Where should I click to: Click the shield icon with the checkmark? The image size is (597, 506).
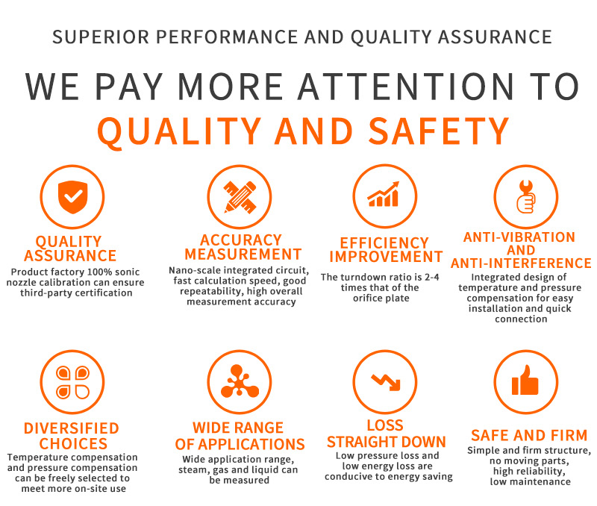tap(72, 197)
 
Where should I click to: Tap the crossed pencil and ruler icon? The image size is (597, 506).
tap(240, 197)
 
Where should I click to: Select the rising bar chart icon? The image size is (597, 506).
tap(384, 194)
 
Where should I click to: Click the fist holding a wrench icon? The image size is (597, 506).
tap(526, 196)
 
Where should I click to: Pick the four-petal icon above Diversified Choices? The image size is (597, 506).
tap(72, 382)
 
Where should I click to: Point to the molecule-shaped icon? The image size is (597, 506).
tap(240, 381)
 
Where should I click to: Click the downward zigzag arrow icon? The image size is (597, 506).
tap(386, 382)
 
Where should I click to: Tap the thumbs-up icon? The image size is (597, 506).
tap(525, 380)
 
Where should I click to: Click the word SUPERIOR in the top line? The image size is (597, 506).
tap(101, 37)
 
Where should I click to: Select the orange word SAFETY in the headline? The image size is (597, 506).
tap(439, 131)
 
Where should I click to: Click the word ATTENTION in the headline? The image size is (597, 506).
tap(406, 87)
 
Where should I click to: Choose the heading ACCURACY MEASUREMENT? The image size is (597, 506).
tap(243, 247)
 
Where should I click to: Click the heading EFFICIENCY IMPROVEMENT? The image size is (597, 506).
tap(386, 250)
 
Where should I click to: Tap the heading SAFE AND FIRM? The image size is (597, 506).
tap(529, 435)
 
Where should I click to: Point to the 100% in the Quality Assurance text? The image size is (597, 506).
tap(99, 272)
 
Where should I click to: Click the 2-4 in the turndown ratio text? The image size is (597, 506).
tap(432, 277)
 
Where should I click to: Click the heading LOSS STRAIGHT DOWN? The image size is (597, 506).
tap(386, 434)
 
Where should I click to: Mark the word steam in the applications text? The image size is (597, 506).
tap(193, 470)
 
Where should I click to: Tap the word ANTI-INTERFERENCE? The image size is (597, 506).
tap(521, 263)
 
